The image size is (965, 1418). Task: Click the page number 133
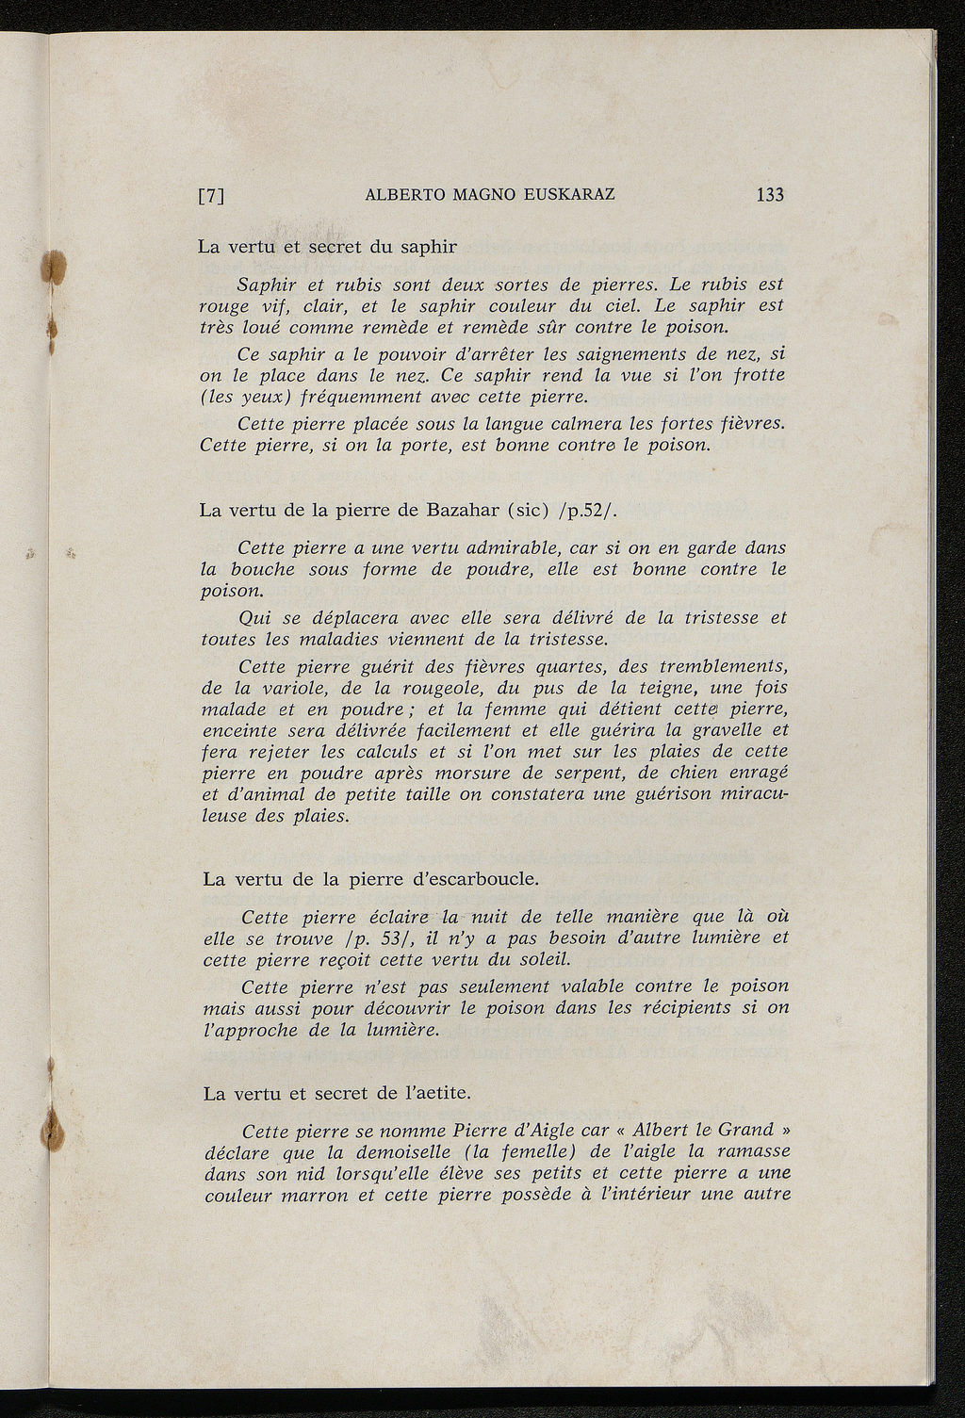pyautogui.click(x=769, y=195)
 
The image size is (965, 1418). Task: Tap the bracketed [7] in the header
pyautogui.click(x=211, y=197)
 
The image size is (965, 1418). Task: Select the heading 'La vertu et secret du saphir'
pyautogui.click(x=327, y=247)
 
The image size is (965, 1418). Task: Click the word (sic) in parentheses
pyautogui.click(x=529, y=512)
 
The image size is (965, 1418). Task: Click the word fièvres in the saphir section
pyautogui.click(x=748, y=422)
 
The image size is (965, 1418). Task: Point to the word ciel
pyautogui.click(x=619, y=305)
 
